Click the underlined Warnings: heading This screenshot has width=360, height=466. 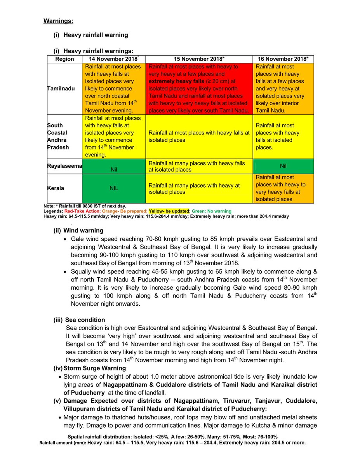click(58, 20)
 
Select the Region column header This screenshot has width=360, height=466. click(64, 59)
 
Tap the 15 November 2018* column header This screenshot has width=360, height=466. click(199, 59)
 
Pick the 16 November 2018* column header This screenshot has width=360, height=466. click(283, 59)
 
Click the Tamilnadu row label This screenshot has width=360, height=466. click(61, 89)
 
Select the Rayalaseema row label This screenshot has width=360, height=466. click(64, 166)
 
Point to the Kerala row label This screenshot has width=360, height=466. click(56, 188)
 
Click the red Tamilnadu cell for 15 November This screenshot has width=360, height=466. click(199, 89)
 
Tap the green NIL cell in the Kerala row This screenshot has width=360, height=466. click(113, 188)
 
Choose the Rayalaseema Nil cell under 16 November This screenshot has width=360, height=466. click(283, 166)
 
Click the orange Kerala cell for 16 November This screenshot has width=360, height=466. click(283, 188)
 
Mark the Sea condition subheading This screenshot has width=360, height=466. click(85, 320)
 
